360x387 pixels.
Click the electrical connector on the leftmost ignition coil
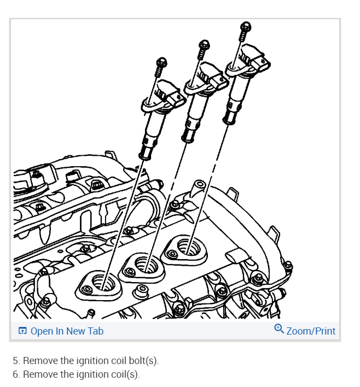174,97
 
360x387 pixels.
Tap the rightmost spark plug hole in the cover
188,248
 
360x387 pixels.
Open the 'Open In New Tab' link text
67,331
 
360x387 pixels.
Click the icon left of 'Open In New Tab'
22,331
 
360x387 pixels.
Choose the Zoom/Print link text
311,331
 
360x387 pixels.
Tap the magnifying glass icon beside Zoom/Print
279,329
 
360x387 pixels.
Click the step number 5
16,361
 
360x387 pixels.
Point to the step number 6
16,374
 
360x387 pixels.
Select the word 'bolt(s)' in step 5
143,361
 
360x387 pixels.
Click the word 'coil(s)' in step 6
125,374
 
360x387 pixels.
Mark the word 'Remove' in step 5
39,361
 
